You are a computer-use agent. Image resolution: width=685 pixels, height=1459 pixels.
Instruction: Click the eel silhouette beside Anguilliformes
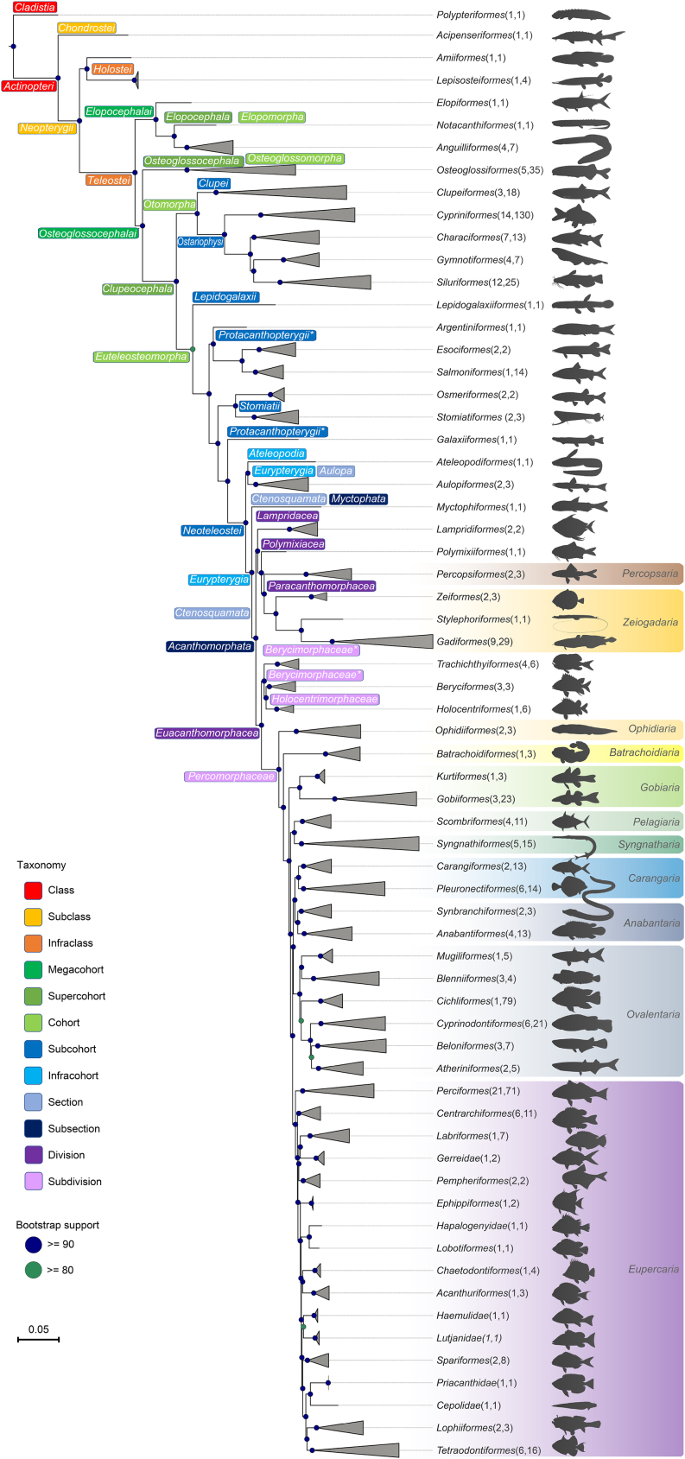click(x=580, y=149)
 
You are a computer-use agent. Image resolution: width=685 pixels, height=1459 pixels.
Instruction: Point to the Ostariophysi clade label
click(x=200, y=242)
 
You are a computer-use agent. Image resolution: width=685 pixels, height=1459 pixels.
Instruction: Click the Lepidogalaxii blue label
click(x=225, y=297)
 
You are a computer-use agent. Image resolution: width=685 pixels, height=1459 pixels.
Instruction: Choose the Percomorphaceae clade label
click(x=231, y=777)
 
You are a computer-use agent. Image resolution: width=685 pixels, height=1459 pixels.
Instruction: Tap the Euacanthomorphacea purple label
click(x=207, y=733)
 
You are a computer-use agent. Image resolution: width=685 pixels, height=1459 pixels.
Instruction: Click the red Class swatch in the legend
click(x=33, y=891)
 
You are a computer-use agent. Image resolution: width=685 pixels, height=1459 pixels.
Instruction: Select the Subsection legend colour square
click(x=33, y=1129)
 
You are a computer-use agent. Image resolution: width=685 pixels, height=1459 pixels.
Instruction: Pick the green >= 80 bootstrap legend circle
click(x=33, y=1270)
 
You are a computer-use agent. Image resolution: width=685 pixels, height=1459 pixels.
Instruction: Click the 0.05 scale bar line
click(x=39, y=1340)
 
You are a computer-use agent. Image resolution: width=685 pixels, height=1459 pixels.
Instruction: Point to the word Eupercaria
click(x=654, y=1270)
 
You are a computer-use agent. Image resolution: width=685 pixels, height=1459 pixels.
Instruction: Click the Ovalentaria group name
click(x=653, y=1014)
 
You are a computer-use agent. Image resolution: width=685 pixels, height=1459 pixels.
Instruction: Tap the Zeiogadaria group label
click(x=650, y=622)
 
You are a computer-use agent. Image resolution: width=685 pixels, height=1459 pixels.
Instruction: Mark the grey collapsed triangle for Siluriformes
click(x=337, y=282)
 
